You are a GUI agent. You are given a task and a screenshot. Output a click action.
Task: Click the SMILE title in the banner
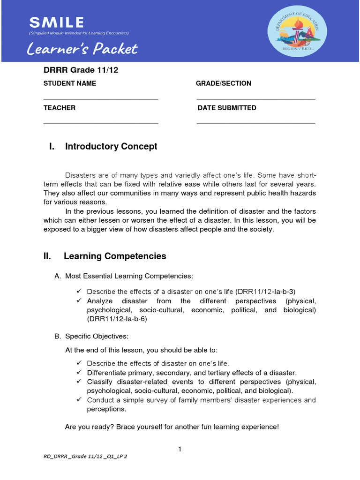pos(56,22)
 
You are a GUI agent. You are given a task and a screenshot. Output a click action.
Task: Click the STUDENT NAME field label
pos(70,83)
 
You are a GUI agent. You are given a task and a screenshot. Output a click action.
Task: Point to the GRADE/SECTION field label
pos(224,83)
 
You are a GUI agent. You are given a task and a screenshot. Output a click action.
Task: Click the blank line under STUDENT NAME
pos(101,99)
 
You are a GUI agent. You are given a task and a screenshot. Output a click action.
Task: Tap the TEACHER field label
pos(60,108)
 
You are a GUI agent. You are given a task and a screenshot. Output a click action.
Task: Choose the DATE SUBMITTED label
pos(227,108)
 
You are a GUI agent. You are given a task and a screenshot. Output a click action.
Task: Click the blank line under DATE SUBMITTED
pos(256,124)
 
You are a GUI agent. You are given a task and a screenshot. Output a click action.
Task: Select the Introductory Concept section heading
pos(111,146)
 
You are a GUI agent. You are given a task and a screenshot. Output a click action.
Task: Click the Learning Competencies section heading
pos(114,256)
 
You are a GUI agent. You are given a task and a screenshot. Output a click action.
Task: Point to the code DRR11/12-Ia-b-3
pos(268,291)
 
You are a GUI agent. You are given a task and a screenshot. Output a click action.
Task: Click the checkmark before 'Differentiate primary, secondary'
pos(79,372)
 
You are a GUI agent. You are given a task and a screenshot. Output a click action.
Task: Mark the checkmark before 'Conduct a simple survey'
pos(79,400)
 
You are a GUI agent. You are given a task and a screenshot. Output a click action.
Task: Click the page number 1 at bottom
pos(180,450)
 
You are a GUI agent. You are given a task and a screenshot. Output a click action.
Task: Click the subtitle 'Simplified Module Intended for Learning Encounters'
pos(79,33)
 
